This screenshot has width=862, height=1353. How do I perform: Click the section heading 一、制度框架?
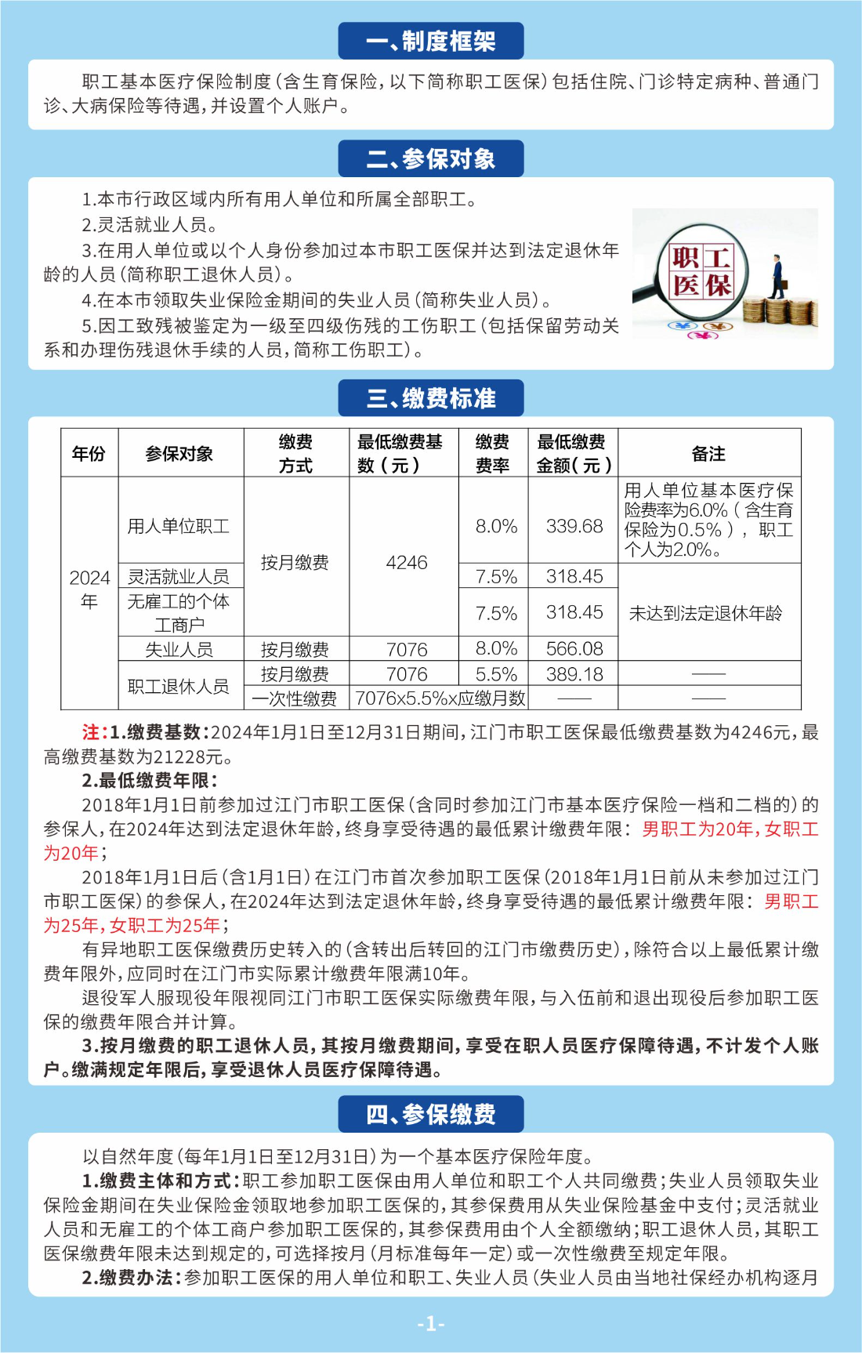(x=430, y=41)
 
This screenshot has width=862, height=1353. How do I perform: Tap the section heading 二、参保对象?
(x=430, y=158)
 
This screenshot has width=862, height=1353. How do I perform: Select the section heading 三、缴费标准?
(x=430, y=398)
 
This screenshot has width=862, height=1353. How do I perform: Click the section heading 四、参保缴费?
(x=430, y=1114)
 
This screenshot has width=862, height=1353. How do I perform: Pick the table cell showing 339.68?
(x=574, y=526)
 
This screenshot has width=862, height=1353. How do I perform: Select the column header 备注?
(x=708, y=454)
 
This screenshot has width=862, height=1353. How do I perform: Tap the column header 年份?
(x=89, y=454)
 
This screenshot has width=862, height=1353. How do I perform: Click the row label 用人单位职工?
(x=179, y=526)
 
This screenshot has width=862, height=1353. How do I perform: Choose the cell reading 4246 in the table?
(x=407, y=563)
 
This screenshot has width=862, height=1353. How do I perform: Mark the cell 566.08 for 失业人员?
(x=574, y=649)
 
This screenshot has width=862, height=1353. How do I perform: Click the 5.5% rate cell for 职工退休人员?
(x=496, y=674)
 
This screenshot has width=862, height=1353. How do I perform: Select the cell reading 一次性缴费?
(x=295, y=698)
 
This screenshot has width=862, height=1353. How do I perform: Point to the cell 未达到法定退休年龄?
(x=706, y=613)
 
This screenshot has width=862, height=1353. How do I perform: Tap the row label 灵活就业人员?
(x=179, y=577)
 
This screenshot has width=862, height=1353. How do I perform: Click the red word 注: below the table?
(x=93, y=732)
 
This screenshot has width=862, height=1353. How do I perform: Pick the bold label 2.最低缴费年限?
(x=150, y=780)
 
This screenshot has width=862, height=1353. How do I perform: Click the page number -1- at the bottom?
(x=430, y=1324)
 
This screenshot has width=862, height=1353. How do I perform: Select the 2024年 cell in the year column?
(x=89, y=589)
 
